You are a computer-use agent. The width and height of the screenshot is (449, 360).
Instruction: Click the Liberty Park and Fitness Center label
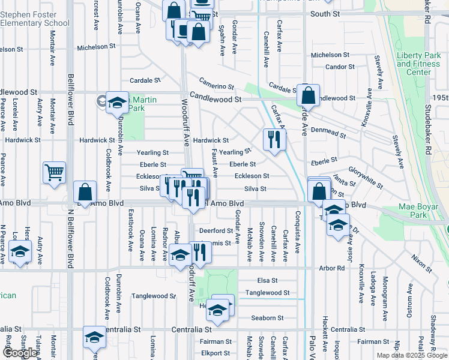tap(418, 64)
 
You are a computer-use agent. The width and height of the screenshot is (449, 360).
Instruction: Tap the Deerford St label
tap(215, 230)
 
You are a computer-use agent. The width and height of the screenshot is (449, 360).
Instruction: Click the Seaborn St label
tap(267, 318)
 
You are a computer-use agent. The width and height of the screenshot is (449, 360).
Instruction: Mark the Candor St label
tap(340, 67)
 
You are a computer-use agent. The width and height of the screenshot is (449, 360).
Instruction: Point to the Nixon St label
tap(421, 262)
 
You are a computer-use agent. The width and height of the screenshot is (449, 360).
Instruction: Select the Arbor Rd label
tap(332, 268)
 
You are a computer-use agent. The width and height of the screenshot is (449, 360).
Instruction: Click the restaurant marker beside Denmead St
tap(274, 140)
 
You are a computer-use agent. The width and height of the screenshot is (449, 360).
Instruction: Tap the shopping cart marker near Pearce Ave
tap(54, 173)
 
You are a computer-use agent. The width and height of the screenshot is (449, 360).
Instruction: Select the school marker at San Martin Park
tap(117, 103)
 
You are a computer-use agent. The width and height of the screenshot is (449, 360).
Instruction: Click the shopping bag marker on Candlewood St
tap(307, 95)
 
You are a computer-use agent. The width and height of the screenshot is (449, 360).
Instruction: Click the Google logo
tap(20, 353)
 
